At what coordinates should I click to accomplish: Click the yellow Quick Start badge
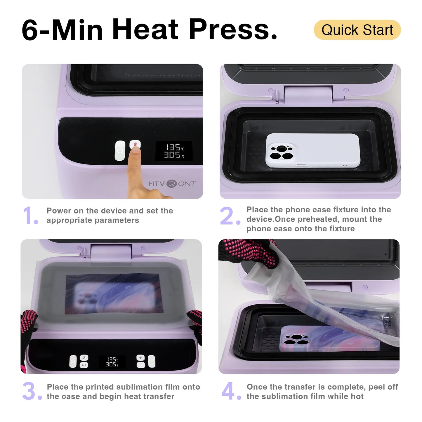tap(357, 30)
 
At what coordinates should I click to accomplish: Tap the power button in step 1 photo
tap(120, 151)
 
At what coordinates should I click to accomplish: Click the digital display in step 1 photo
tap(174, 151)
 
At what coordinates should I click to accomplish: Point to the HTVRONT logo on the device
tap(172, 184)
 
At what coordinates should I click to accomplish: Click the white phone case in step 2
tap(312, 151)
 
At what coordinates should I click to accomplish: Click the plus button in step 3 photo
tap(140, 358)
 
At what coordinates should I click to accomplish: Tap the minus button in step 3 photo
tap(140, 365)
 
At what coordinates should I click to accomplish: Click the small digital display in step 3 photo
tap(112, 362)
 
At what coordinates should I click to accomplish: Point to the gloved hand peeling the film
tap(248, 252)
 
